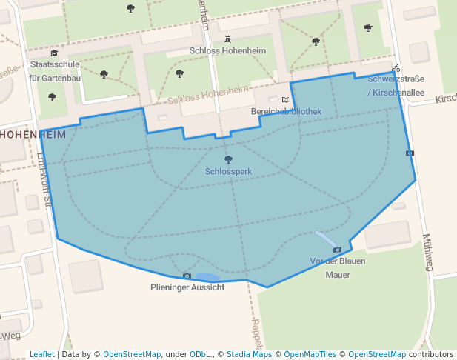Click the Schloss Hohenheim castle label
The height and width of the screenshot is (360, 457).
(227, 51)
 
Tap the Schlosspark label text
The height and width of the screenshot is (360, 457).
(228, 171)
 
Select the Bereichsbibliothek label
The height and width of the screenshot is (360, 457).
(286, 111)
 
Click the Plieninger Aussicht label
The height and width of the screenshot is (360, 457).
(187, 287)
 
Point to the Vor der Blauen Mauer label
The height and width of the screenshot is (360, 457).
(338, 267)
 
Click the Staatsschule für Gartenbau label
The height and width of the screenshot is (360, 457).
(55, 71)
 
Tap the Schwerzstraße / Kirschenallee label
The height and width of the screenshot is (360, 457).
(396, 85)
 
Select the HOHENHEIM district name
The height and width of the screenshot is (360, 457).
(33, 135)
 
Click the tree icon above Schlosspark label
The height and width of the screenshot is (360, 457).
(228, 159)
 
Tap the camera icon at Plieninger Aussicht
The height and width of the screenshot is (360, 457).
(187, 276)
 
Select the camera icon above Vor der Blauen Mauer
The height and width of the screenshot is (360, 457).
(337, 250)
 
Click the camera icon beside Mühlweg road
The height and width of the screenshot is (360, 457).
(410, 153)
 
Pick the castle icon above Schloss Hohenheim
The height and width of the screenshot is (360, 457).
(227, 39)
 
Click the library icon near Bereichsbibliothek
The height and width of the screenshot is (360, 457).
(286, 99)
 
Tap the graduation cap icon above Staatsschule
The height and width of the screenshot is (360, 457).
(54, 53)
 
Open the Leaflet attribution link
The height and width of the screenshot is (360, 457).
(42, 354)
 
